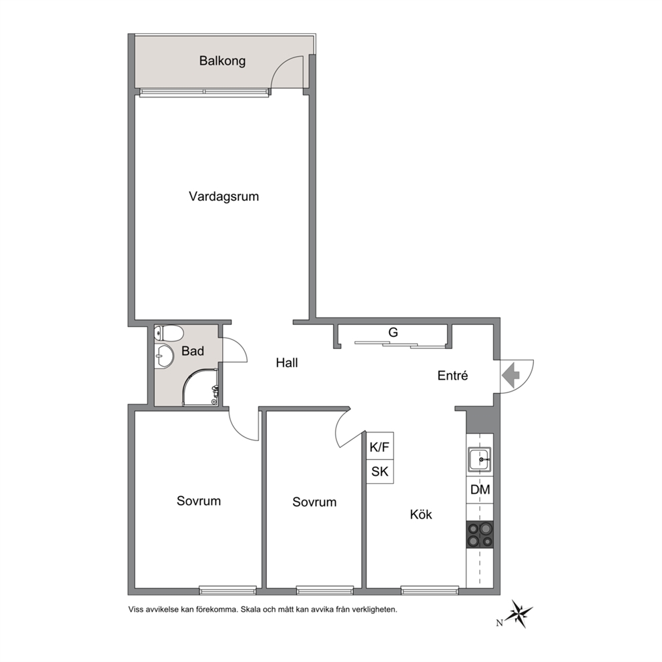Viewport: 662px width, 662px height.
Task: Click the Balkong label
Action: tap(222, 61)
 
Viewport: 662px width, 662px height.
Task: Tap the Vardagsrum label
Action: tap(224, 197)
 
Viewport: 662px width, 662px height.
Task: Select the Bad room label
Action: tap(192, 351)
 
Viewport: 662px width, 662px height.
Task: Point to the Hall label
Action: tap(287, 362)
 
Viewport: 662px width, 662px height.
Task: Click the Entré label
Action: tap(452, 375)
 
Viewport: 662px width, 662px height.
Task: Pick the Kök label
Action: tap(421, 515)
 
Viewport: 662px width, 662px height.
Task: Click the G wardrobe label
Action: tap(393, 333)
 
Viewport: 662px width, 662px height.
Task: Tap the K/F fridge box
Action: tap(380, 446)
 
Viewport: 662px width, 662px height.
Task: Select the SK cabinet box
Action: tap(380, 471)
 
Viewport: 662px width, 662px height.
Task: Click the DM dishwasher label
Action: tap(480, 490)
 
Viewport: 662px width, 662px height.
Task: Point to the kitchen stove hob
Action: tap(480, 535)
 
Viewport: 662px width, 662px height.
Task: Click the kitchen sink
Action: tap(479, 458)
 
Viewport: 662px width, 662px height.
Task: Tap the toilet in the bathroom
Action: tap(169, 333)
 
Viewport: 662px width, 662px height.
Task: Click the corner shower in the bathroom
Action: tap(201, 388)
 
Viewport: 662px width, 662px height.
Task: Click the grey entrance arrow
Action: tap(511, 374)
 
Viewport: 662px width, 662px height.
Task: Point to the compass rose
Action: tap(519, 613)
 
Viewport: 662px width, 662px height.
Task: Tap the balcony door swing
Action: tap(287, 72)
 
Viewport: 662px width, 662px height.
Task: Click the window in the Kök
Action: tap(430, 590)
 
